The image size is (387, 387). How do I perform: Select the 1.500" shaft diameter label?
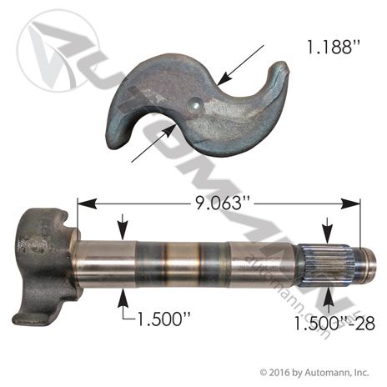(x=163, y=319)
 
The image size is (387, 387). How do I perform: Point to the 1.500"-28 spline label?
(x=334, y=324)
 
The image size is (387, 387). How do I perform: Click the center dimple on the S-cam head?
(x=196, y=105)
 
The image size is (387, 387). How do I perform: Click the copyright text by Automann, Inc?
(x=314, y=372)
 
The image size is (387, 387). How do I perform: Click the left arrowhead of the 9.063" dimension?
(x=87, y=204)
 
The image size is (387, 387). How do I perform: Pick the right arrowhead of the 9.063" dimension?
(x=350, y=204)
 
